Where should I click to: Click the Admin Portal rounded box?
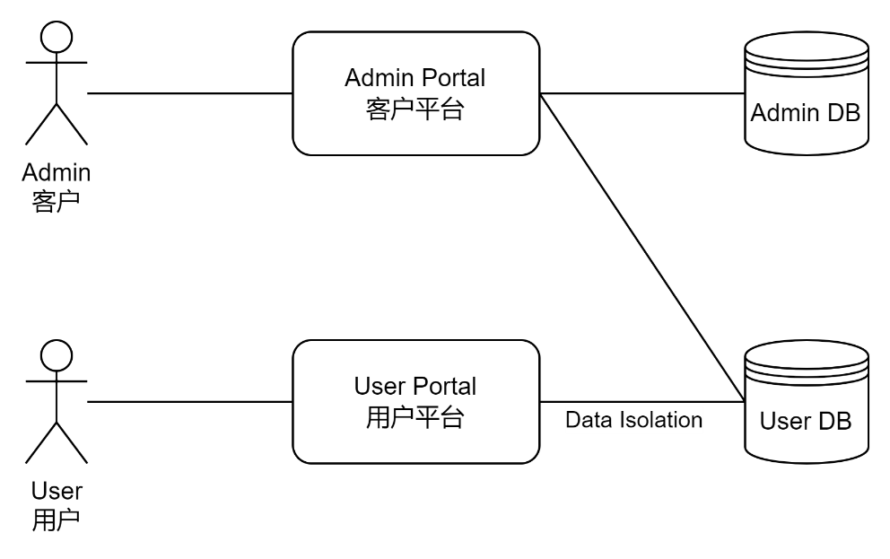pyautogui.click(x=415, y=93)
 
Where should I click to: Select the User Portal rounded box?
pyautogui.click(x=415, y=401)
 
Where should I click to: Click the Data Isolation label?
pyautogui.click(x=633, y=420)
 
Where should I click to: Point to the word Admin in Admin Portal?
pyautogui.click(x=378, y=78)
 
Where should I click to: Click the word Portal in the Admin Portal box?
pyautogui.click(x=453, y=78)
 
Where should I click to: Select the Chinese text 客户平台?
pyautogui.click(x=415, y=109)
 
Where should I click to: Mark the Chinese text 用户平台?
pyautogui.click(x=415, y=418)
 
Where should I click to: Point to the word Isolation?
pyautogui.click(x=659, y=420)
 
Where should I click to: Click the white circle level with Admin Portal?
pyautogui.click(x=57, y=38)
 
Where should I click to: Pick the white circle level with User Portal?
pyautogui.click(x=57, y=355)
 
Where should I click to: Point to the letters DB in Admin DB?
pyautogui.click(x=842, y=113)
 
